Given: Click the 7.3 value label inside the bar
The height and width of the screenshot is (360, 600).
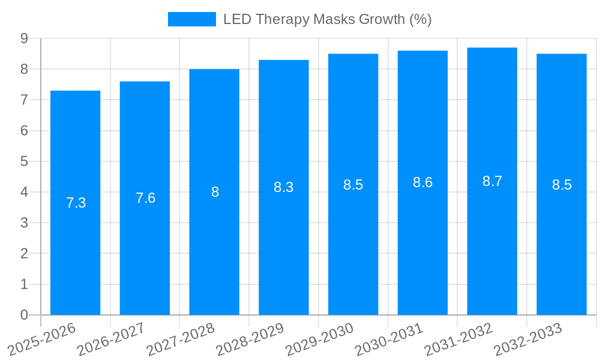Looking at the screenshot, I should click(76, 203).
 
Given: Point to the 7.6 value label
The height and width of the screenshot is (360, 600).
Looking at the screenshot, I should click(145, 199).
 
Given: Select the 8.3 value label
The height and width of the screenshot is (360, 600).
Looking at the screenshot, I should click(283, 188).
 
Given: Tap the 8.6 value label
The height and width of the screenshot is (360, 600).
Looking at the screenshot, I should click(422, 183).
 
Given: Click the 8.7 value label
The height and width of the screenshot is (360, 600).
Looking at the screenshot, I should click(492, 182).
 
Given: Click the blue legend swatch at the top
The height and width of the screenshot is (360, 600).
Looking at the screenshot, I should click(191, 19).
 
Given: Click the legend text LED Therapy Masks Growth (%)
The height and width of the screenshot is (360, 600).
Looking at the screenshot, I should click(327, 19).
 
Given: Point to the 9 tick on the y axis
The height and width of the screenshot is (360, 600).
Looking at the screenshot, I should click(25, 39).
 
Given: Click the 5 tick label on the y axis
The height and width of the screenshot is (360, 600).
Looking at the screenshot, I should click(25, 161).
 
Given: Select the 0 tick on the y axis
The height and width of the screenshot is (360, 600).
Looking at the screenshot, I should click(25, 315).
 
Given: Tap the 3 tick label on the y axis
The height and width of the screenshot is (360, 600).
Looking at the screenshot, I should click(25, 223).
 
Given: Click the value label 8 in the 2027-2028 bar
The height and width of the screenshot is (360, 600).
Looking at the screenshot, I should click(215, 193).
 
